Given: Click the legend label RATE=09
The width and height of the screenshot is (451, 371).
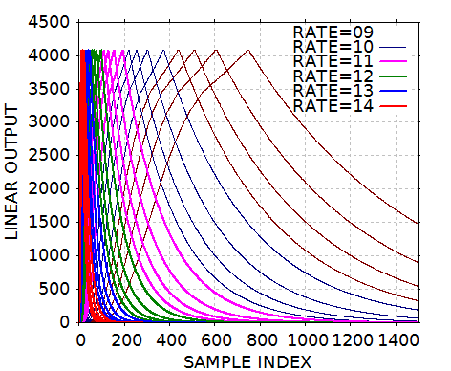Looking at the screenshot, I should tap(333, 31).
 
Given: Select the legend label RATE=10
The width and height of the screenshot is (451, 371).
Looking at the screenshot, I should tap(333, 46).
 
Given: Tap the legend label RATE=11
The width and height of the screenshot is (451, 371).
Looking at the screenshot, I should tap(333, 61).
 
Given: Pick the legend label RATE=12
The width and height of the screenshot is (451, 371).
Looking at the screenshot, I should tap(333, 76).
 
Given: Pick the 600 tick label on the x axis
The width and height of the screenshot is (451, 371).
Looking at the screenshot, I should tap(215, 339).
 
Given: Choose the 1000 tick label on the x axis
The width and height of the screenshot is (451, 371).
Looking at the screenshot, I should tap(305, 339).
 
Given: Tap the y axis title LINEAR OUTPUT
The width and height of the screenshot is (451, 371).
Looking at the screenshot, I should tap(13, 172).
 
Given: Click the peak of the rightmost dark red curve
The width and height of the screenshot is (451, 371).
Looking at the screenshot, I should tap(248, 50).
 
